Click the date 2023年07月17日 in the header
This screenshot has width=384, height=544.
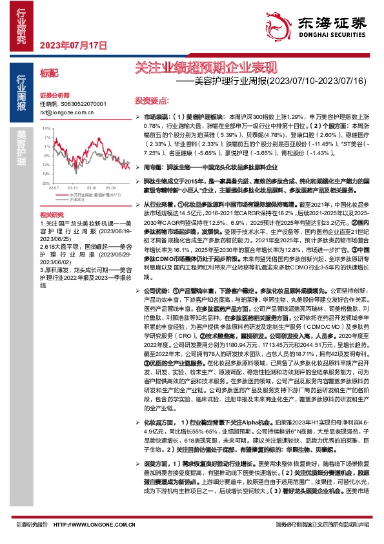[x=72, y=45]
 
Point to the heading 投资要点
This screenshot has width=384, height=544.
[x=152, y=101]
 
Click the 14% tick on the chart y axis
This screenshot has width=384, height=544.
[x=45, y=128]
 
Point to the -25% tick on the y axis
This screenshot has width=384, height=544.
[x=45, y=183]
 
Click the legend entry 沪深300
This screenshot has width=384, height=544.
[x=76, y=200]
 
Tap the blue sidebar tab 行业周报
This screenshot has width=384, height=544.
[x=21, y=89]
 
